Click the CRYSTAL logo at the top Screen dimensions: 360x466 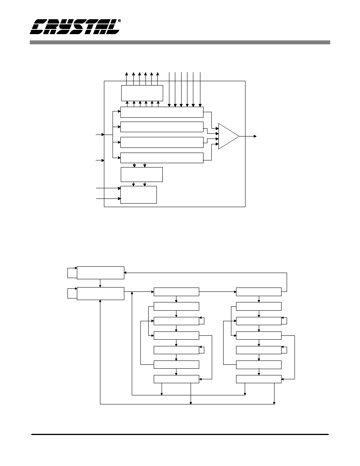75,27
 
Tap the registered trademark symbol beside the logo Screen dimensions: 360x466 119,21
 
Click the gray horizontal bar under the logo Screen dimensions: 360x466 180,42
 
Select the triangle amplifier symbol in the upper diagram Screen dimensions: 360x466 229,137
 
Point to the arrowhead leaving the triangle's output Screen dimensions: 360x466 255,137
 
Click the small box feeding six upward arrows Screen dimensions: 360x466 142,93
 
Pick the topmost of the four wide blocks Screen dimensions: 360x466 162,112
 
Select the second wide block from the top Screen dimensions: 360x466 162,127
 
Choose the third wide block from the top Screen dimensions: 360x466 162,142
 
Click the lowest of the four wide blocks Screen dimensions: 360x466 162,158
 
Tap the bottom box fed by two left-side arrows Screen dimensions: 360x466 138,195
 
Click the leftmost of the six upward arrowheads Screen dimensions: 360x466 127,73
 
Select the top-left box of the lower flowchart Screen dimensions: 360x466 100,273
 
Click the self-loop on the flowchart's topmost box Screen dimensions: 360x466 68,273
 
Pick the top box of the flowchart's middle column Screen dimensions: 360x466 176,292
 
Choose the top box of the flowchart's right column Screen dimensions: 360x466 259,292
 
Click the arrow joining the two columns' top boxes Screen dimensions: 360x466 217,292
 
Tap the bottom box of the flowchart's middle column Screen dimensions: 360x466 176,379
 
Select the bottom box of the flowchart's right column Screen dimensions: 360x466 259,379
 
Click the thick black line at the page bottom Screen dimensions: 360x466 180,435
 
